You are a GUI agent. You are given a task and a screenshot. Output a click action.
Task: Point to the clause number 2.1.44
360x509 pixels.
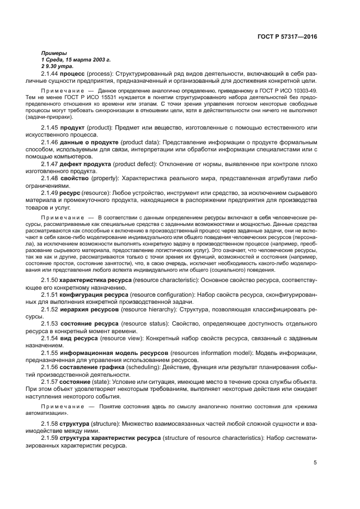pos(50,73)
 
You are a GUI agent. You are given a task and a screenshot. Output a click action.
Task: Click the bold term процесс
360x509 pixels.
pos(74,73)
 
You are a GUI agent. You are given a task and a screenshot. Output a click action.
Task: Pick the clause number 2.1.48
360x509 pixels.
pos(50,178)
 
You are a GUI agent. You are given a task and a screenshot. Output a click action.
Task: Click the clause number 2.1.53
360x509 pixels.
pos(50,323)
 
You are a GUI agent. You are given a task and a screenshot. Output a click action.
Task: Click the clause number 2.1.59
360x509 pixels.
pos(50,438)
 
